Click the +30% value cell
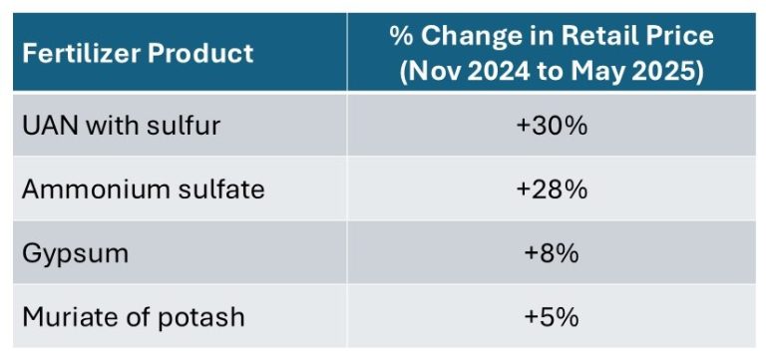552,126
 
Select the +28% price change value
552,189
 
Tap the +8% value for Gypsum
552,253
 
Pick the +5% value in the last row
552,317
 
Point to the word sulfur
183,126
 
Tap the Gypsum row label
75,253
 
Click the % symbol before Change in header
401,36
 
